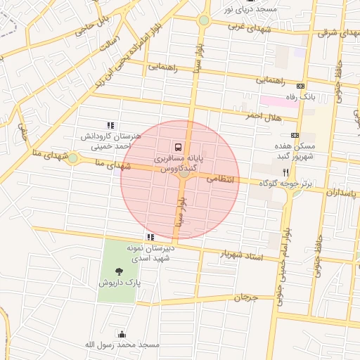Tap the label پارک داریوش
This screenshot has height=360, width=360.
pyautogui.click(x=119, y=283)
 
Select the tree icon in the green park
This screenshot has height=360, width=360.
pyautogui.click(x=117, y=271)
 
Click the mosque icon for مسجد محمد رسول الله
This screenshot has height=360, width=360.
pyautogui.click(x=122, y=334)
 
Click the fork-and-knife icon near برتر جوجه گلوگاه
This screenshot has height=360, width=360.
pyautogui.click(x=285, y=172)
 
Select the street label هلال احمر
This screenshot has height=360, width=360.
pyautogui.click(x=259, y=115)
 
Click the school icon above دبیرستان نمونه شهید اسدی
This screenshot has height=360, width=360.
pyautogui.click(x=150, y=238)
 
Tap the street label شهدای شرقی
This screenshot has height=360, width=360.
pyautogui.click(x=337, y=32)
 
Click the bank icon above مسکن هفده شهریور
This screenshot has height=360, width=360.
pyautogui.click(x=294, y=135)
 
